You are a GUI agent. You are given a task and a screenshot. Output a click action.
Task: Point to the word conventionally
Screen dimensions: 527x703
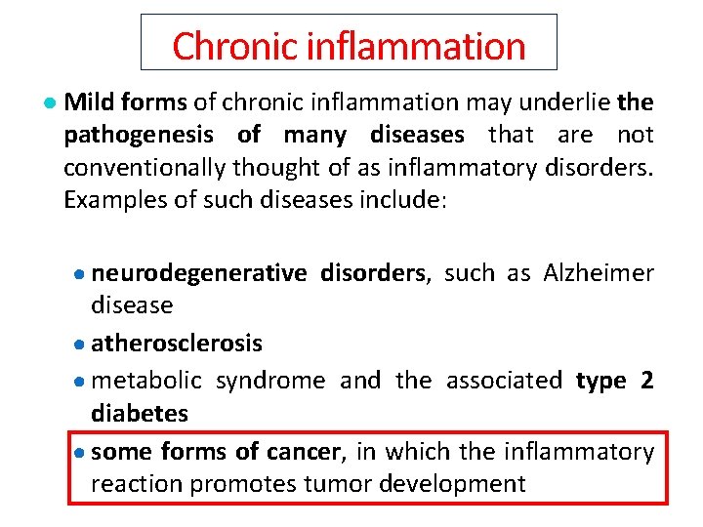coord(144,168)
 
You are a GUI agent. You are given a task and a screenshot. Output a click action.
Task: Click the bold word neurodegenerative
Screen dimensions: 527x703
coord(198,273)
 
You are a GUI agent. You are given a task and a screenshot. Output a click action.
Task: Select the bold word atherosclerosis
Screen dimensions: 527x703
coord(177,344)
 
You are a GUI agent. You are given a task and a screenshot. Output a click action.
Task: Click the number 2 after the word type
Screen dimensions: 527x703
coord(646,380)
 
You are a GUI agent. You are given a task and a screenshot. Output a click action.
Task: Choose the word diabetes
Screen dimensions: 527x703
coord(139,413)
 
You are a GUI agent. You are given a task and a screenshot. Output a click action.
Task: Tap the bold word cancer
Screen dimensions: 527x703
coord(310,451)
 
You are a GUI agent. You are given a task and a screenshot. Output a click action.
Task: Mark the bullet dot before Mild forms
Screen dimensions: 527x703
coord(49,103)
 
